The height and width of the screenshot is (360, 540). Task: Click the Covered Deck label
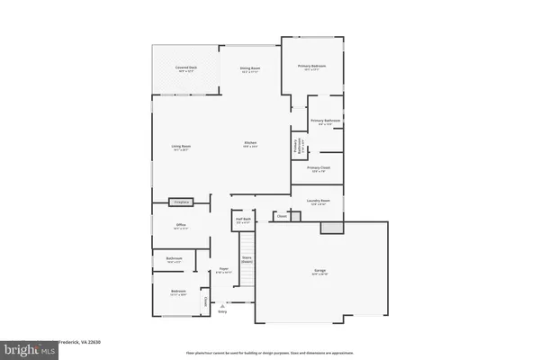coord(187,68)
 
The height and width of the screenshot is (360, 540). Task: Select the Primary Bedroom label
coord(313,67)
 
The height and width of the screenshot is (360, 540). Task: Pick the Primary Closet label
coord(319,168)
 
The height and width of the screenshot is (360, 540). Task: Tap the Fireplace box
coord(182,202)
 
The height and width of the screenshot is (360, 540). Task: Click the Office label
coord(181,227)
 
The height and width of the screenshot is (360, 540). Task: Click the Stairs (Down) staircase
coord(246,257)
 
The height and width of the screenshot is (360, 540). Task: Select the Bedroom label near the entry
coord(178,291)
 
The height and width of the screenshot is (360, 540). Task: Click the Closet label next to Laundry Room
coord(282,216)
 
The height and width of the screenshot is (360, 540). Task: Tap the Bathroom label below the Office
coord(175,259)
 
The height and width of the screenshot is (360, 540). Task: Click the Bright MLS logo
coord(29,346)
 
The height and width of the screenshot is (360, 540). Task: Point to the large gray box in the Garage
coord(332,229)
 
